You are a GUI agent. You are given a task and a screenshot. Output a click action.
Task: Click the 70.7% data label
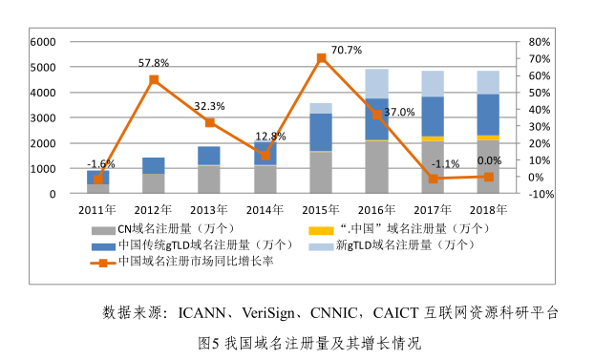tap(347, 50)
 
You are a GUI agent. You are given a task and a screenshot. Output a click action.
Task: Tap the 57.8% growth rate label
tap(154, 63)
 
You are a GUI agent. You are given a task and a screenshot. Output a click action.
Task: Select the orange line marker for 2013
tap(210, 122)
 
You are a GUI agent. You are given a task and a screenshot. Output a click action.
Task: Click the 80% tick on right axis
tap(539, 42)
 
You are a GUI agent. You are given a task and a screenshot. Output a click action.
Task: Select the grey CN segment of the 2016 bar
tap(377, 167)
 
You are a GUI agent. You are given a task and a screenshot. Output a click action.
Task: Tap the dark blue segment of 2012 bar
tap(154, 165)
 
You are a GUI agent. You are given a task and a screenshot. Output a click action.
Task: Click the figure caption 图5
tap(209, 341)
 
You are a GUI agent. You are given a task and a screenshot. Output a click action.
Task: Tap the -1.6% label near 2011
tap(100, 164)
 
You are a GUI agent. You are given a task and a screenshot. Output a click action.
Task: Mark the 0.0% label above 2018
tap(489, 160)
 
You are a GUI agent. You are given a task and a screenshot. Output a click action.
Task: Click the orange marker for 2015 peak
tap(321, 58)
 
